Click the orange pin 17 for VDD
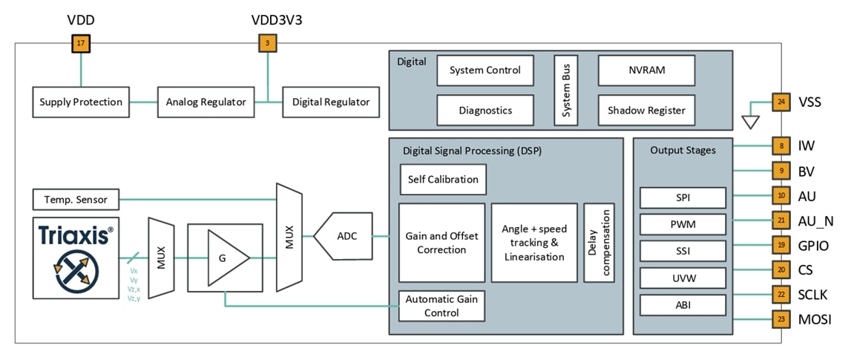coord(80,44)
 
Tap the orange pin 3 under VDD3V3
coord(266,44)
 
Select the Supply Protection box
coord(82,102)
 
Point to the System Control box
coord(485,71)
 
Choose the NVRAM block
coord(646,71)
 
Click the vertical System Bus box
coord(565,90)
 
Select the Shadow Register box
coord(646,110)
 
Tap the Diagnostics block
coord(485,110)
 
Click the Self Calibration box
coord(443,180)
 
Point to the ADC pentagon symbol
coord(344,236)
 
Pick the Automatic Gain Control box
coord(441,305)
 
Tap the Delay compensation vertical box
coord(600,243)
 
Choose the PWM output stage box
coord(682,223)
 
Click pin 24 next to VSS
coord(781,102)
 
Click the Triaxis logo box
coord(76,258)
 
